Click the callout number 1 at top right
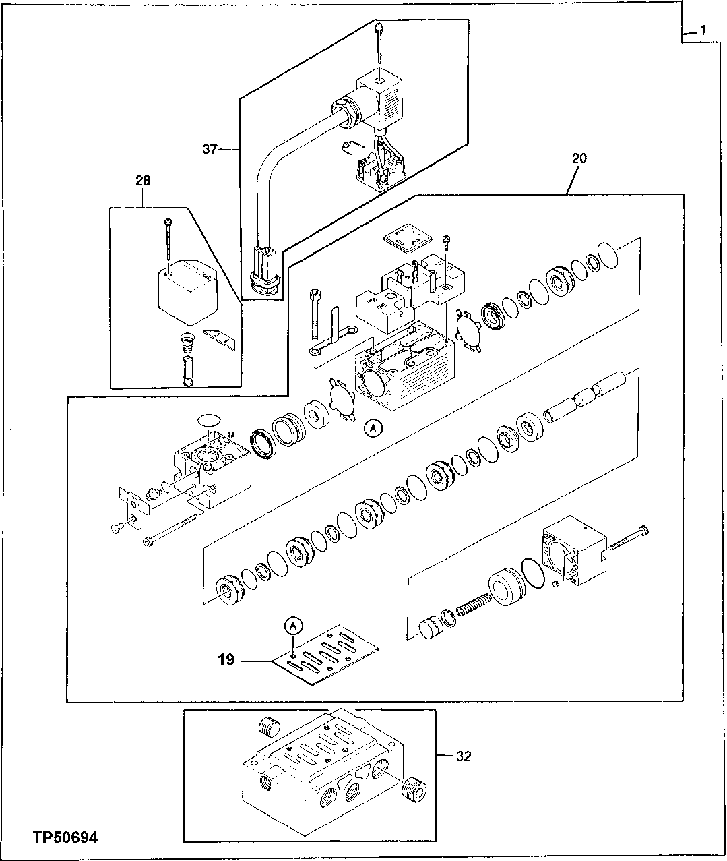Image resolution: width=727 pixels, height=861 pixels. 702,31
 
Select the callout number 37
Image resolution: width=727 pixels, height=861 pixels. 210,148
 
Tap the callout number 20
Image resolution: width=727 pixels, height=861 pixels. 579,158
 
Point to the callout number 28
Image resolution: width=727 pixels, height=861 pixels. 142,181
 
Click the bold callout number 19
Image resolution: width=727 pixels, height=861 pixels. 226,659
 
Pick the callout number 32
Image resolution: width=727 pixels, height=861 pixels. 463,756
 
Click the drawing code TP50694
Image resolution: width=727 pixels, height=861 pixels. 65,838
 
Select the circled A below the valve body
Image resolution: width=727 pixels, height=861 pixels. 373,426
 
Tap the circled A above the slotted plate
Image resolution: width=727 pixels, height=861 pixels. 292,626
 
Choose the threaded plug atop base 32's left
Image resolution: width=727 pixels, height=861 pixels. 269,728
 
